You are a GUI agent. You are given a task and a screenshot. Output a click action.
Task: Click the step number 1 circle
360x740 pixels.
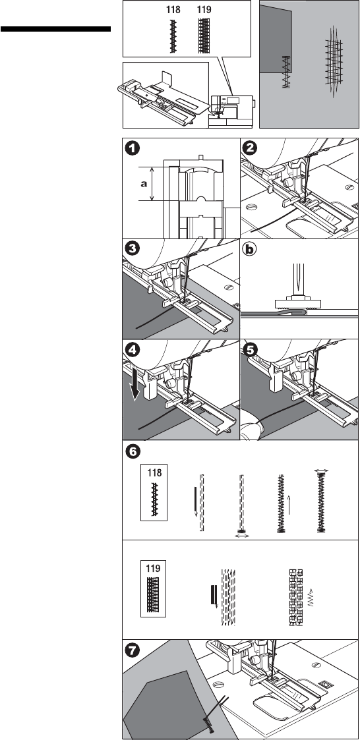[x=133, y=148]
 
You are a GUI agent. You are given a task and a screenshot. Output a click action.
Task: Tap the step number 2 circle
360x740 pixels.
[x=249, y=148]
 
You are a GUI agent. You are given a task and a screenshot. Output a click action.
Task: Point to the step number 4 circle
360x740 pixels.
[x=133, y=350]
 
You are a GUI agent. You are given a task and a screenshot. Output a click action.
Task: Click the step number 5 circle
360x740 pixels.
[x=249, y=350]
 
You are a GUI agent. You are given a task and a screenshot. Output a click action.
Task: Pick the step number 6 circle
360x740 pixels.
[x=133, y=451]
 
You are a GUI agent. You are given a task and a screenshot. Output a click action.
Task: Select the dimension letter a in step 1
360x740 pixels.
[x=144, y=184]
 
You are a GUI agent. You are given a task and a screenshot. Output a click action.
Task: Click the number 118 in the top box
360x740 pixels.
[x=173, y=9]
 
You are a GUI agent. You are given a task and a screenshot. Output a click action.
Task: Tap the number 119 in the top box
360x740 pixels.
[x=204, y=9]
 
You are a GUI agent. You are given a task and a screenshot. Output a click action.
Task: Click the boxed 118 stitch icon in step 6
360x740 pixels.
[x=154, y=492]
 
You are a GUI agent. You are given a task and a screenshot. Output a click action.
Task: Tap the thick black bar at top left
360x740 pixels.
[x=56, y=29]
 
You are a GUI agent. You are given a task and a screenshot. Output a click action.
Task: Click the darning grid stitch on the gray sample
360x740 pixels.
[x=334, y=62]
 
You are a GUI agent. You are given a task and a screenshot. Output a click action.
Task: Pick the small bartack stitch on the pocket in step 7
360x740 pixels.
[x=208, y=722]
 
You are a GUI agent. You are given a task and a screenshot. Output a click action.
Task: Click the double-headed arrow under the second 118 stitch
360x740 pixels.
[x=242, y=536]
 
